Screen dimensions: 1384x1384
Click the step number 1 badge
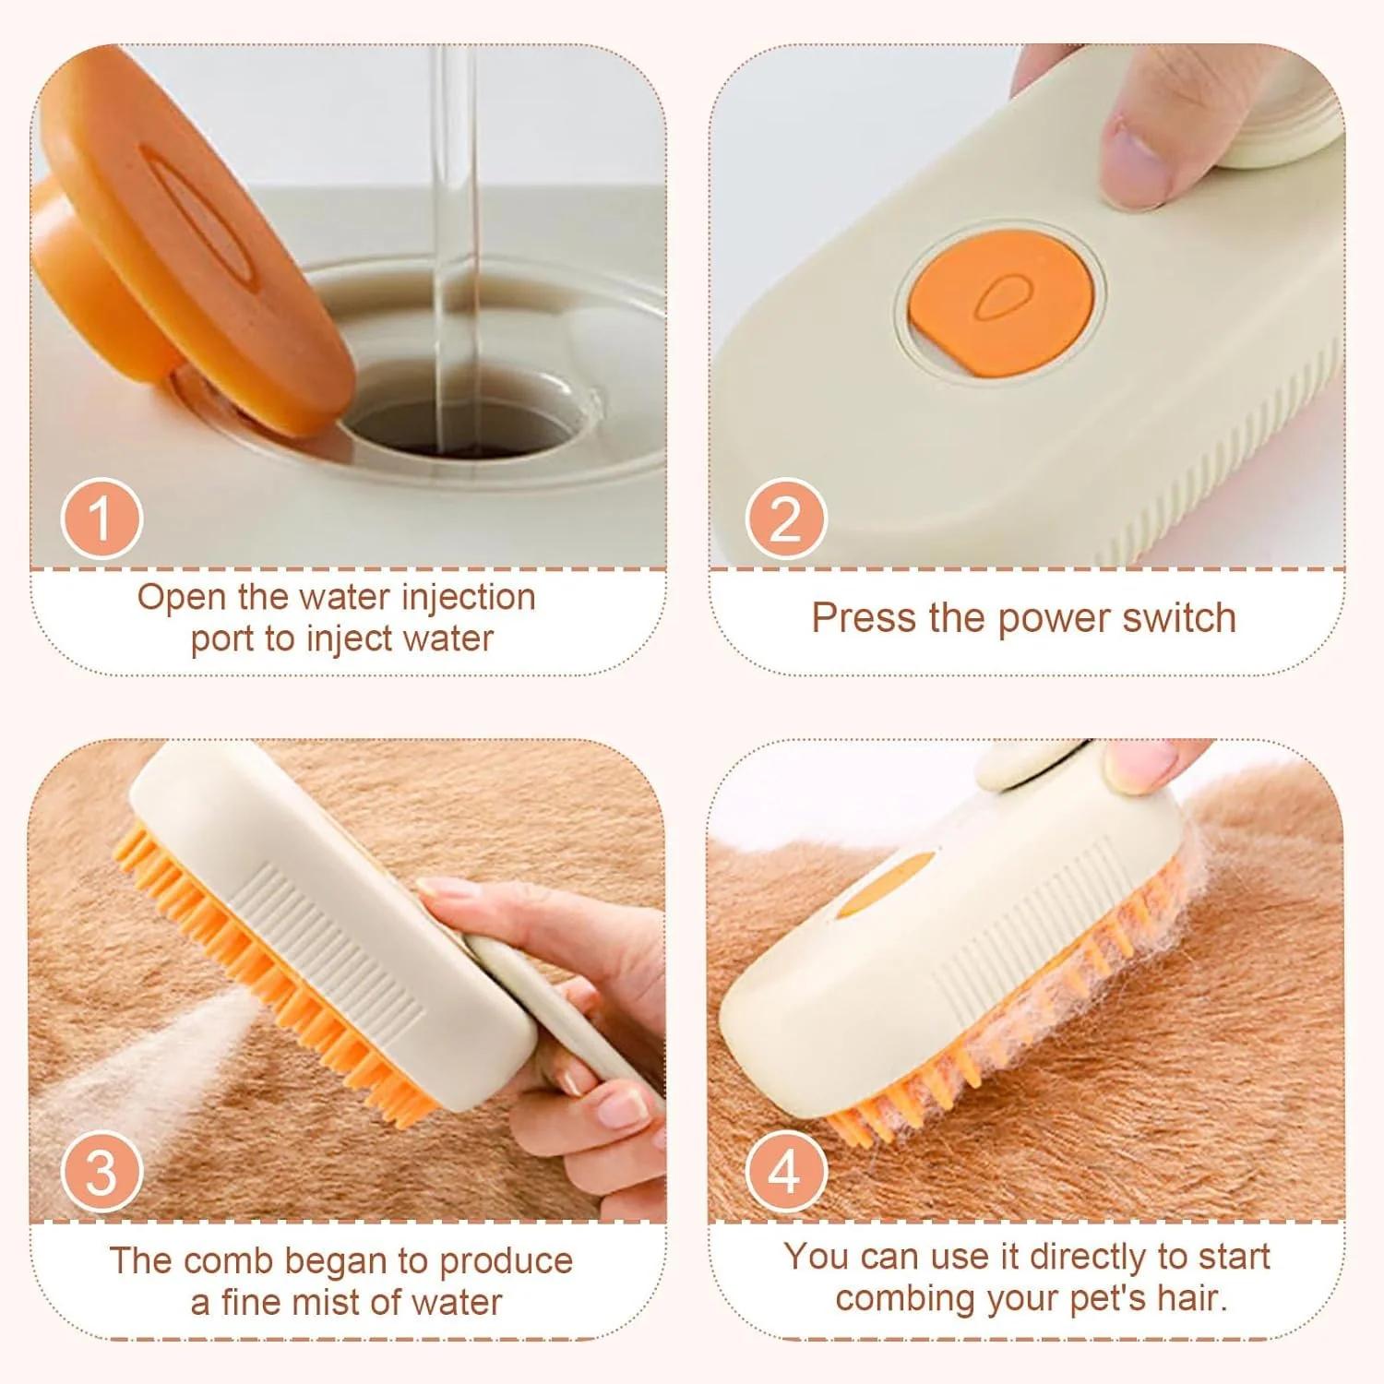click(101, 518)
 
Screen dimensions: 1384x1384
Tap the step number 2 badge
click(785, 518)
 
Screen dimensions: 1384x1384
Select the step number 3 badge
click(101, 1171)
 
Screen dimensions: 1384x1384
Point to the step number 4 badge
click(785, 1171)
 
